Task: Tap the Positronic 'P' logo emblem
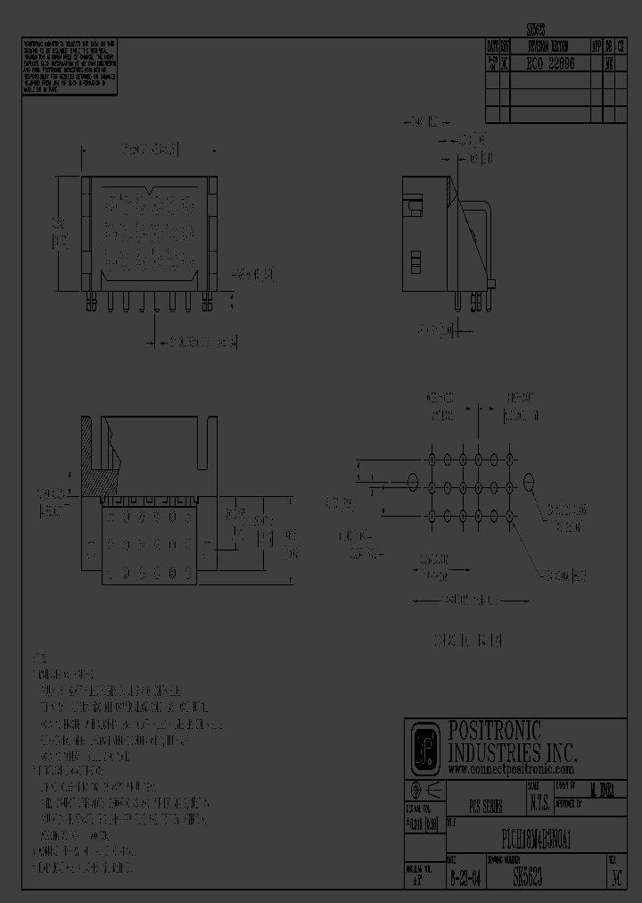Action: click(424, 748)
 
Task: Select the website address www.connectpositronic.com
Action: click(510, 768)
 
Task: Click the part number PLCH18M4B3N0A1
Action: click(531, 841)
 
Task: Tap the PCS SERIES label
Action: click(486, 806)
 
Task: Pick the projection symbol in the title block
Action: click(424, 791)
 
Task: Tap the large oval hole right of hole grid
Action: click(531, 483)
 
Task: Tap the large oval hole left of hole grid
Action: click(412, 483)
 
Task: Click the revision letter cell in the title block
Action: click(614, 879)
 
